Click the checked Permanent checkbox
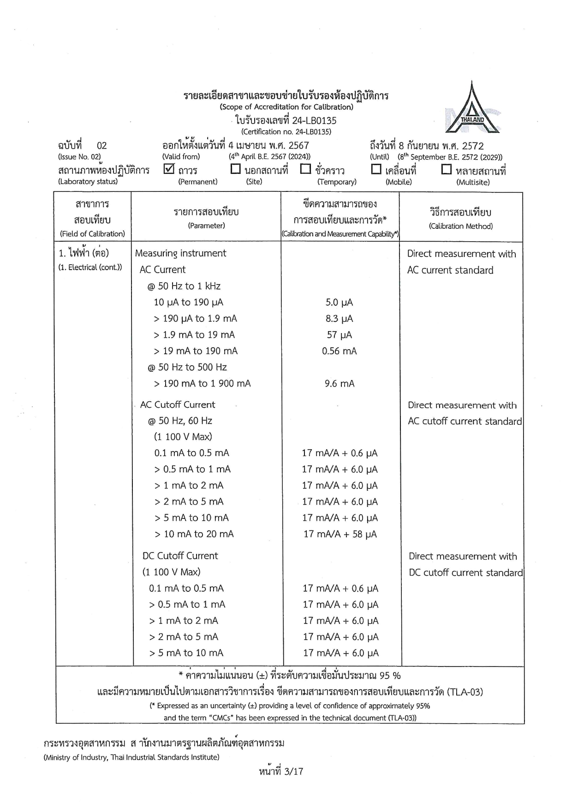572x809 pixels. (x=169, y=169)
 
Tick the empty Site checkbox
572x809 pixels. (x=236, y=169)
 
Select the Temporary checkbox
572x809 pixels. (x=305, y=169)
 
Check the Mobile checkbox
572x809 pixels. (x=376, y=169)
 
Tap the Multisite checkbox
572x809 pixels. (x=446, y=169)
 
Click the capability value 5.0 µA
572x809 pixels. (x=339, y=303)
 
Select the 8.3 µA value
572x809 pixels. (x=339, y=319)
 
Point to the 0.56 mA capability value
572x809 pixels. (x=339, y=351)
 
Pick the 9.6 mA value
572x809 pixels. (x=339, y=384)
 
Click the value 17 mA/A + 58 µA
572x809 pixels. (x=340, y=534)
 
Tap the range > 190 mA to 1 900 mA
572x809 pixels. (x=202, y=384)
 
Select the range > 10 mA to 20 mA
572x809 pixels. (x=194, y=534)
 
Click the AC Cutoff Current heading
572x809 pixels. (x=178, y=404)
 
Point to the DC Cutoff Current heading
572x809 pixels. (x=180, y=556)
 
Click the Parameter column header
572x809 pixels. (x=206, y=218)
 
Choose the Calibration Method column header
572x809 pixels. (x=461, y=218)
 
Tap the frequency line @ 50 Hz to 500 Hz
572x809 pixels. (x=187, y=367)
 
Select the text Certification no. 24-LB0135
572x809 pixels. (x=286, y=131)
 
